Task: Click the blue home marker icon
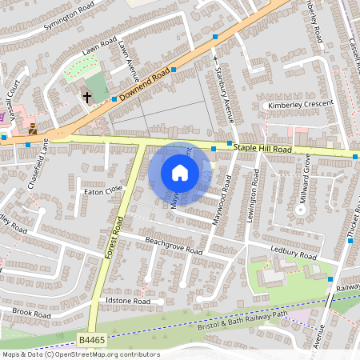click(180, 173)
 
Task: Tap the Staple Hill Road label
click(262, 148)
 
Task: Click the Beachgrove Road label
click(173, 245)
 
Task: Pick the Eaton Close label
click(103, 190)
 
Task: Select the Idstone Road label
click(128, 301)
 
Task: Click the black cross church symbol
click(86, 97)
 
